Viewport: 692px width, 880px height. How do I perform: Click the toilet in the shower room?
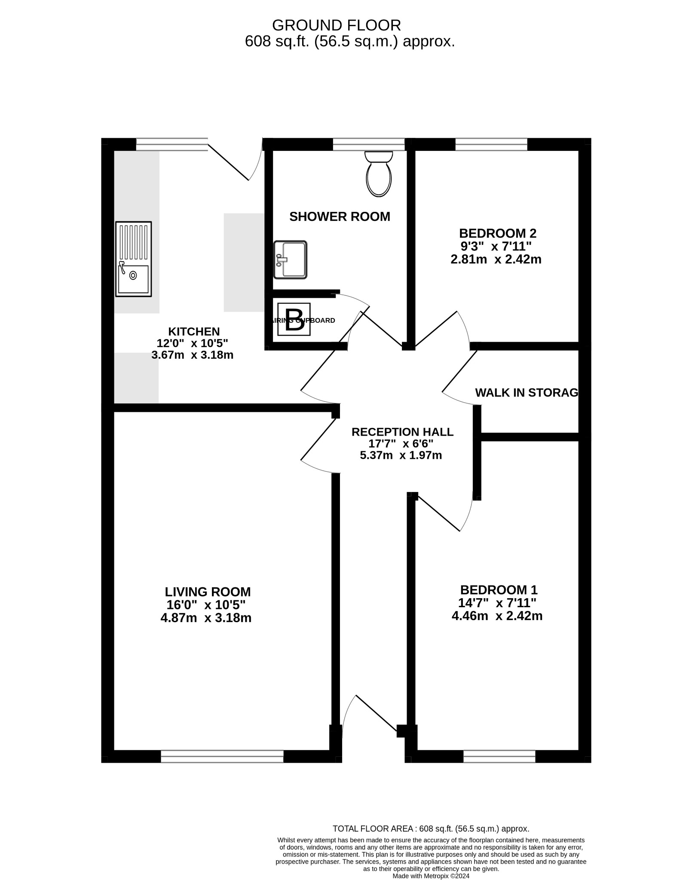(378, 174)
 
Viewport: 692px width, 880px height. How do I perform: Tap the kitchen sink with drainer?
(133, 259)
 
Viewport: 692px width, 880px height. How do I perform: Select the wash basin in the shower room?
(291, 260)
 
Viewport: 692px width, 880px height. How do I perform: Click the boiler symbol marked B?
(294, 319)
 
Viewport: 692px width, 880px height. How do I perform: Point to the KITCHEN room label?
(194, 331)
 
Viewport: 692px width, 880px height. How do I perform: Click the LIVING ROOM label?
(208, 592)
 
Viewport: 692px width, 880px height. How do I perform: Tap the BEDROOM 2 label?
(498, 233)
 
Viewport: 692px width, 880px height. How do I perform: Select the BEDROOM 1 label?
(499, 590)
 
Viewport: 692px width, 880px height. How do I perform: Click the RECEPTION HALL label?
(402, 432)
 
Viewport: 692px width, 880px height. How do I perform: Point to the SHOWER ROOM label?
(340, 217)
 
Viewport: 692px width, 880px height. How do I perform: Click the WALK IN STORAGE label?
(527, 392)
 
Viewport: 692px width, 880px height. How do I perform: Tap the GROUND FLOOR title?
(337, 25)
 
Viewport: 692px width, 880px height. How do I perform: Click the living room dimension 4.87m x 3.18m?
(206, 618)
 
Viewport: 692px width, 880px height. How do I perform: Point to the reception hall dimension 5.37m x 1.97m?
(401, 455)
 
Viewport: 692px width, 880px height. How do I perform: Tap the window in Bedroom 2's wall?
(491, 144)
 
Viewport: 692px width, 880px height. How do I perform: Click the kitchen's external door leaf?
(229, 162)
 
